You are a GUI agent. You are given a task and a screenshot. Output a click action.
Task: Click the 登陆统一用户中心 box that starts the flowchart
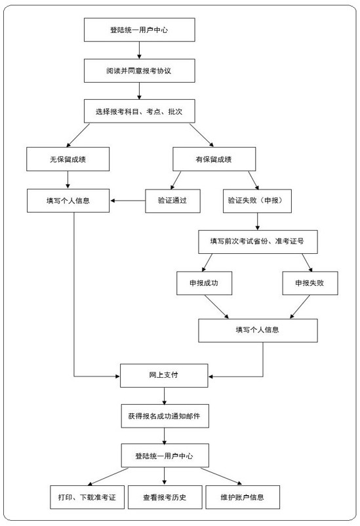[x=139, y=30]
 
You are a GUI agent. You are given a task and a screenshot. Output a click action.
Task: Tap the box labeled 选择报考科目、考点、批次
[x=139, y=111]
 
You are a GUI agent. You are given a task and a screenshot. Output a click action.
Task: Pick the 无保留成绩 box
[x=68, y=159]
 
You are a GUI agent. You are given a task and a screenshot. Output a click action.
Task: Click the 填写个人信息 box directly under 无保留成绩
[x=68, y=201]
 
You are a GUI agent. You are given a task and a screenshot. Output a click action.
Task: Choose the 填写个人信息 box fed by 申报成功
[x=258, y=330]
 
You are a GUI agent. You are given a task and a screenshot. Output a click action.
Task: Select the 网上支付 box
[x=164, y=375]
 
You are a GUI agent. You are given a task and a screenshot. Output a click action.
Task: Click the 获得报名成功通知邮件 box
[x=164, y=416]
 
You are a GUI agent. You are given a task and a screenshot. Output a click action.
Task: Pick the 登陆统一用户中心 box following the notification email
[x=164, y=456]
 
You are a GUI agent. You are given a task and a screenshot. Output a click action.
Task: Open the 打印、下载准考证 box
[x=87, y=497]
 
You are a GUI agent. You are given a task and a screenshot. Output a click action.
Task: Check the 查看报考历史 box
[x=164, y=497]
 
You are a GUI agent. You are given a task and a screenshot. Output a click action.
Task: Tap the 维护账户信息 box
[x=243, y=497]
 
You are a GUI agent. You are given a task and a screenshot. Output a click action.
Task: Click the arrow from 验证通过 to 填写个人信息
[x=127, y=201]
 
